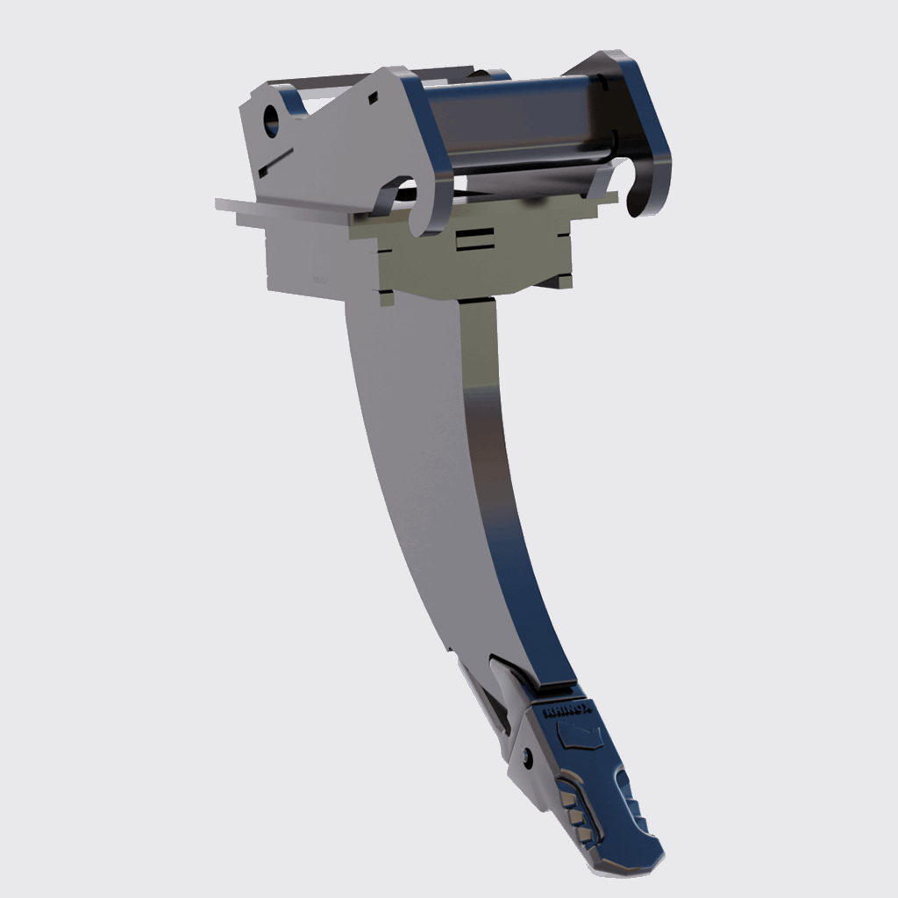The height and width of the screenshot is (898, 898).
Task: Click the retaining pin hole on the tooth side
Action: (x=525, y=756)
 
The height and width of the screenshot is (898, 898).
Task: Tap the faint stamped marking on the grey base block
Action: (x=318, y=279)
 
